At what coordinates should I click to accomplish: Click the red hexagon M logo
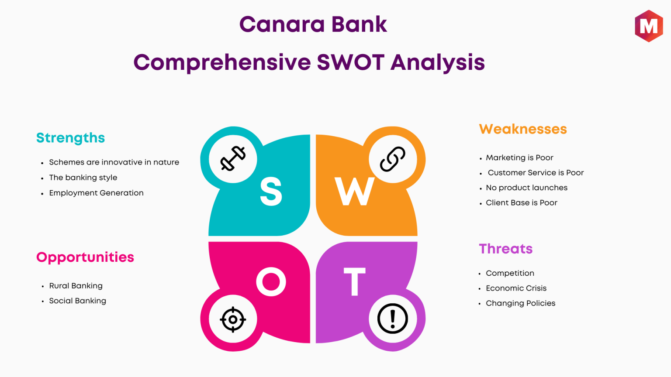[649, 26]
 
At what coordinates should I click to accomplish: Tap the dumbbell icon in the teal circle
[233, 158]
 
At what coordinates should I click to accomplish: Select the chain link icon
[392, 159]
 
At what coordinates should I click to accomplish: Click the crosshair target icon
[233, 319]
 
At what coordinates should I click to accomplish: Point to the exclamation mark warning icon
[392, 319]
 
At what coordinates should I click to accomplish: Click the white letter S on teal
[271, 192]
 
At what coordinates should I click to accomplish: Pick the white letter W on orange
[354, 192]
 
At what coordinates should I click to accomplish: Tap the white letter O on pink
[271, 281]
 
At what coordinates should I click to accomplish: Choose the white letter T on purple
[354, 281]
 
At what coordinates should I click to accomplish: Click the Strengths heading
[70, 138]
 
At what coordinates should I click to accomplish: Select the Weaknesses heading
[523, 129]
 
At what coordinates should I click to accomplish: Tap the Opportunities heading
[85, 257]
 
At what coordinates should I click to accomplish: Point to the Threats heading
[505, 249]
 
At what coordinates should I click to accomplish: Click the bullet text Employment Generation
[97, 193]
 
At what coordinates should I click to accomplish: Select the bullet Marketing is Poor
[519, 158]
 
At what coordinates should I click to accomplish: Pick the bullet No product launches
[526, 188]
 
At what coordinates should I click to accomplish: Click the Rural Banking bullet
[76, 286]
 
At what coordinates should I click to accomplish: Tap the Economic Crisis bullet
[516, 288]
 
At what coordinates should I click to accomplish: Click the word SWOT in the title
[350, 62]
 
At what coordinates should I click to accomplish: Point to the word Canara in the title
[282, 24]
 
